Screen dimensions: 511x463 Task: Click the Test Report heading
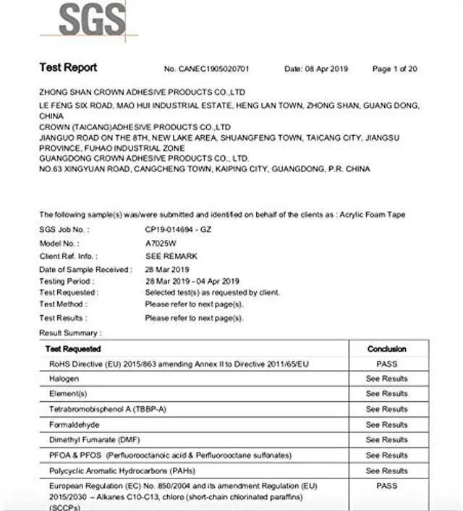(x=68, y=68)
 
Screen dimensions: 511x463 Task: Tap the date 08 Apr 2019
(x=326, y=69)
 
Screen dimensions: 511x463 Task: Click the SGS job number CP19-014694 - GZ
(x=178, y=229)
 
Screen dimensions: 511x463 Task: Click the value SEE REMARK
(x=171, y=255)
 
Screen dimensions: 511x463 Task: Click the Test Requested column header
(x=73, y=348)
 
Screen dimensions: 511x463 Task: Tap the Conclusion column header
(x=387, y=348)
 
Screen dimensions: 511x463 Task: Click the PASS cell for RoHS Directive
(x=387, y=364)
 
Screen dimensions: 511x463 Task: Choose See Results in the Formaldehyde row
(x=387, y=424)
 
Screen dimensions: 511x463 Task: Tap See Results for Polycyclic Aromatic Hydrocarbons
(x=387, y=471)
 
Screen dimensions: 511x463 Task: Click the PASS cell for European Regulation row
(x=387, y=486)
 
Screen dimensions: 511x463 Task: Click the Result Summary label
(x=70, y=332)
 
